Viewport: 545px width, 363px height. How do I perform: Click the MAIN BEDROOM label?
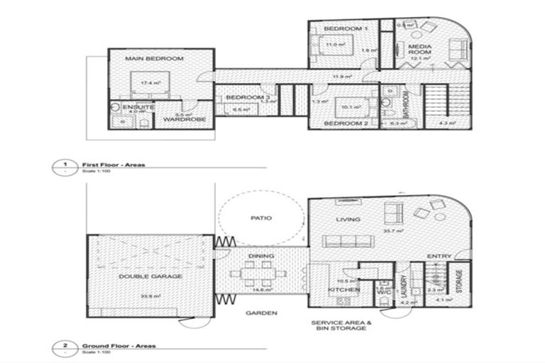(154, 58)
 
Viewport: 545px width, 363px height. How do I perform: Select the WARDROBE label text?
(185, 119)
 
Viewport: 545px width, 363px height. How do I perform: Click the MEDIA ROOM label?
(419, 52)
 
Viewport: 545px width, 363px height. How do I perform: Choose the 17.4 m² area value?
(148, 83)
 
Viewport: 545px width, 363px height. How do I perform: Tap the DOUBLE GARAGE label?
(151, 276)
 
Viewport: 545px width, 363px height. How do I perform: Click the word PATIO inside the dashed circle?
(262, 218)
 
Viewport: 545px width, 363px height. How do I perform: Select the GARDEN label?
(262, 313)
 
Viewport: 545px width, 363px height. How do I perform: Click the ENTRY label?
(439, 256)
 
